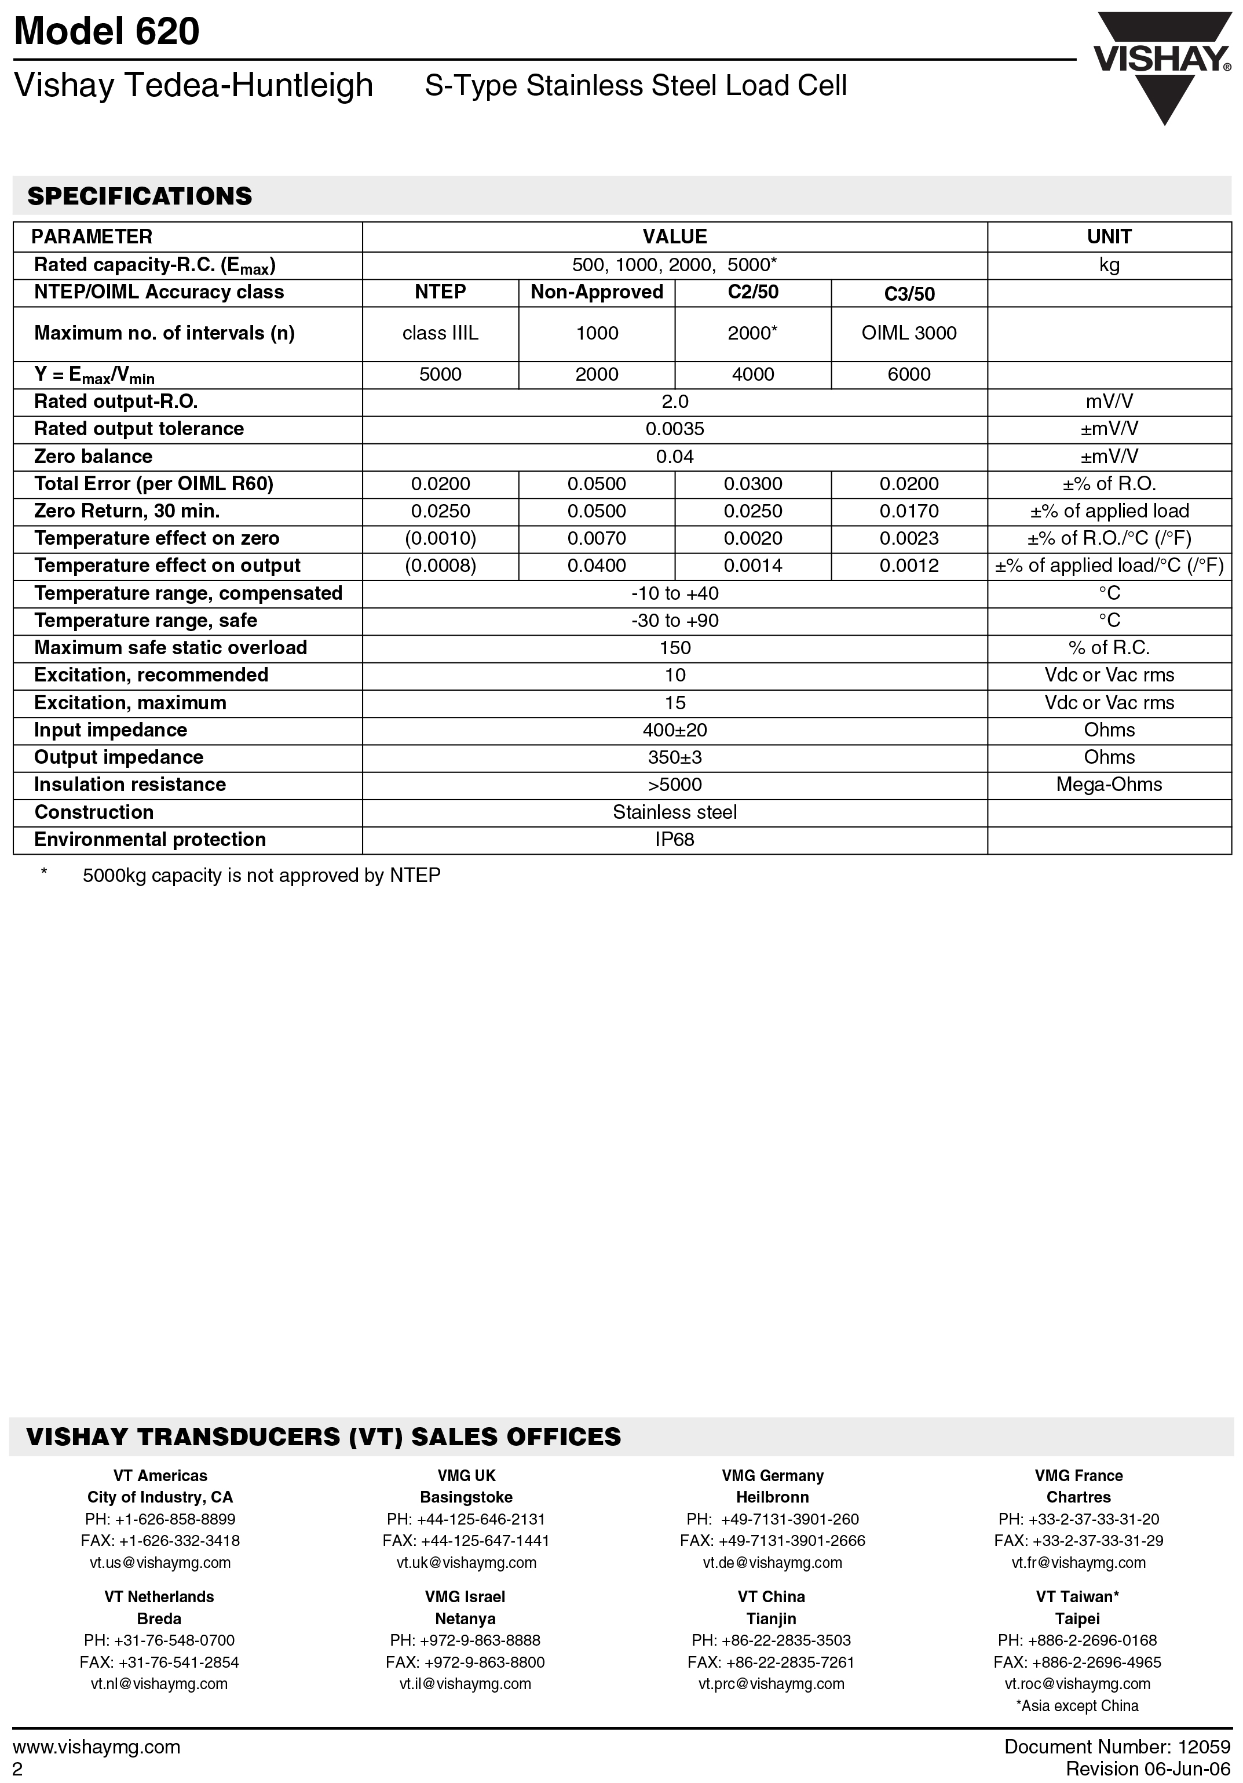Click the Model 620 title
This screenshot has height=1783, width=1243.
(x=107, y=32)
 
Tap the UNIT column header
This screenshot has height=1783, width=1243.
(x=1109, y=237)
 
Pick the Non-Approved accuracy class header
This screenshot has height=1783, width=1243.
(x=596, y=292)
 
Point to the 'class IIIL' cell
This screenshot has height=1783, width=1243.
(x=440, y=333)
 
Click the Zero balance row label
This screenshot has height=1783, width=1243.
(x=93, y=457)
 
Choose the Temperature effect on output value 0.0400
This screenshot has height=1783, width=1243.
(x=596, y=566)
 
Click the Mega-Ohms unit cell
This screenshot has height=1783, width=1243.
(x=1109, y=785)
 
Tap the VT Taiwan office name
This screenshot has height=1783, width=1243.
(x=1077, y=1596)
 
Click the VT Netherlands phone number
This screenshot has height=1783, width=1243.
(x=159, y=1640)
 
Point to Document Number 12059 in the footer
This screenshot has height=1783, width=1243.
(x=1117, y=1746)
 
